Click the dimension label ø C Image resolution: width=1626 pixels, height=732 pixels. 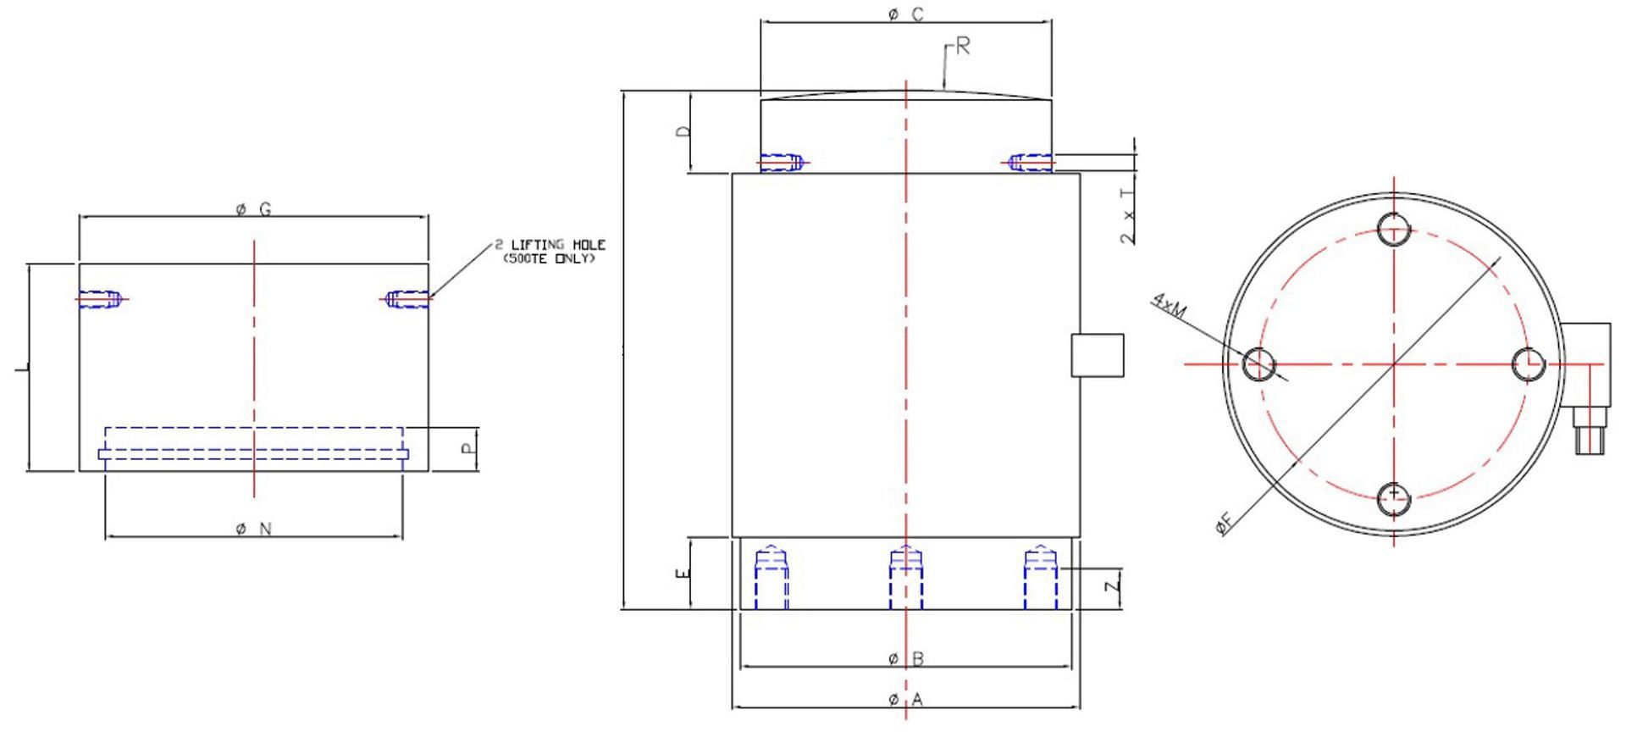[x=905, y=14]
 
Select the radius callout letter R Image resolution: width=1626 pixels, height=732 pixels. [x=962, y=47]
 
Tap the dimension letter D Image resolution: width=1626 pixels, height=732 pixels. [x=684, y=131]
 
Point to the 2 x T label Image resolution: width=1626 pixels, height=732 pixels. [x=1127, y=217]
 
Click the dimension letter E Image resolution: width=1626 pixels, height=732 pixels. [x=683, y=574]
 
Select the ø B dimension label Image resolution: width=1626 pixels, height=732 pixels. [x=905, y=658]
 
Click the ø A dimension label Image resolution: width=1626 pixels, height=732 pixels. [x=905, y=700]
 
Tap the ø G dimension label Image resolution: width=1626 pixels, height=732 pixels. [x=253, y=209]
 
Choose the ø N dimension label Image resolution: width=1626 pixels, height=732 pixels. [x=253, y=529]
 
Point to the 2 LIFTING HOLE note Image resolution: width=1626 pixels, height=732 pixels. [x=550, y=251]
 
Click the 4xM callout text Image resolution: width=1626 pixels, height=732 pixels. [x=1170, y=308]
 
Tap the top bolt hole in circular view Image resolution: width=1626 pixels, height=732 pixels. [x=1394, y=228]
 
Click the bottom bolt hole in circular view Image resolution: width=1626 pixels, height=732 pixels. [x=1394, y=499]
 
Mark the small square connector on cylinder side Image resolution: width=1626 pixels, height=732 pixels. [x=1098, y=355]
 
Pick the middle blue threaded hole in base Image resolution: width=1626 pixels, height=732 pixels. [x=905, y=579]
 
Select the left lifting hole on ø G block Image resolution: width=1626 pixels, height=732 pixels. [x=101, y=299]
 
